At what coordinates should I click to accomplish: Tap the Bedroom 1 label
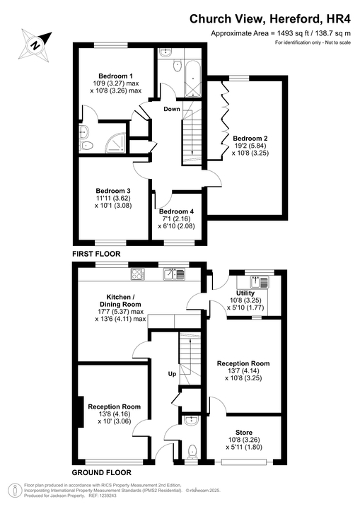[116, 76]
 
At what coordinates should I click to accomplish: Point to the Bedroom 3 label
[113, 190]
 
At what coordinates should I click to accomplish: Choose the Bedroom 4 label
[176, 212]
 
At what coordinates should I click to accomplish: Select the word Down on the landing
[172, 110]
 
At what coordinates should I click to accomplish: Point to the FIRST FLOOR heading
[96, 253]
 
